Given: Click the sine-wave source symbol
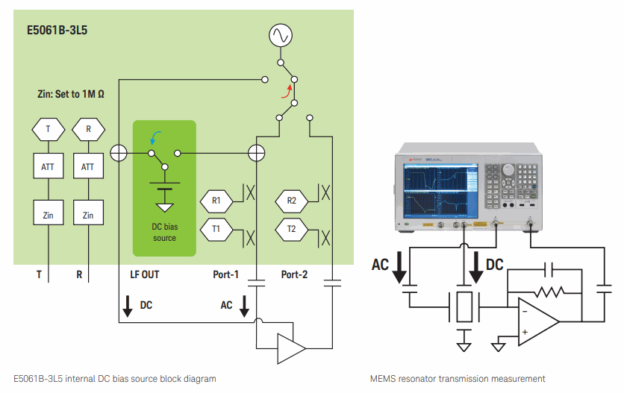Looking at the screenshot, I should [x=281, y=35].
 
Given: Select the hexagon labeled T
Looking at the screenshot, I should [x=48, y=129].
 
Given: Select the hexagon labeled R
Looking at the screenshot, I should [x=88, y=129].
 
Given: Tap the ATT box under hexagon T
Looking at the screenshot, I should [x=48, y=166].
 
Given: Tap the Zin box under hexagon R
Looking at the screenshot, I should [x=88, y=216].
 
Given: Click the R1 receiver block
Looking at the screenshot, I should [x=216, y=201].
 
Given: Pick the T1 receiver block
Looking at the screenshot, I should [x=216, y=229].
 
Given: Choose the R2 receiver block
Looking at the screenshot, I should [x=291, y=201].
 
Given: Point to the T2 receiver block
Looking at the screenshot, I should [x=291, y=229].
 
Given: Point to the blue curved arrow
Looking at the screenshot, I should [x=155, y=136].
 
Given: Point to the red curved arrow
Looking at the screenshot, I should [x=284, y=91].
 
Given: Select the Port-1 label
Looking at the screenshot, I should [x=225, y=274].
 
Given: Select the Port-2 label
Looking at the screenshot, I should [x=294, y=274].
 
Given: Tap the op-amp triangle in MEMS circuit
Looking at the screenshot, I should [x=538, y=321].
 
